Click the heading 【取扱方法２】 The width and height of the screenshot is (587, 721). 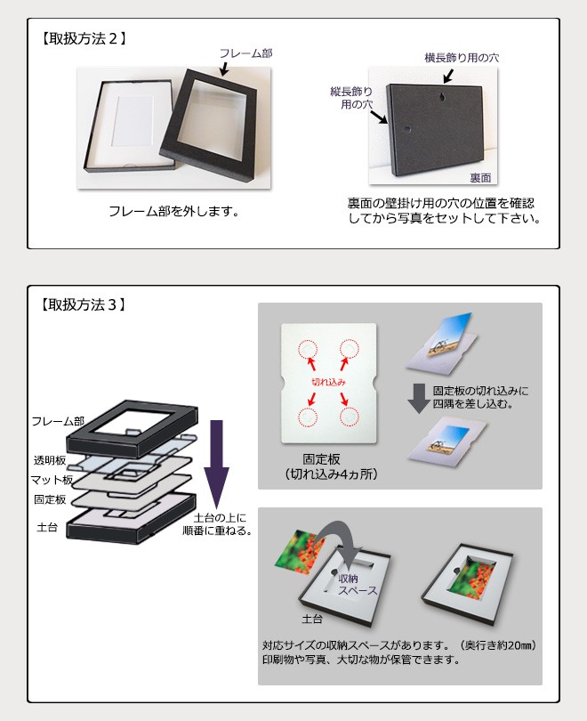coord(83,38)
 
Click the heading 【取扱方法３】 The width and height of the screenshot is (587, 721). coord(83,304)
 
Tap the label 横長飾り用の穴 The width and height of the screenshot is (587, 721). coord(462,58)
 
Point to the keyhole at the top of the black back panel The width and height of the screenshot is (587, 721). coord(442,98)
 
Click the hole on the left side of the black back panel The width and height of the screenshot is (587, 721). coord(406,130)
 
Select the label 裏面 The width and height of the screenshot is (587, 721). coord(480,177)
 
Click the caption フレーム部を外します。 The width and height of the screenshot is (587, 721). coord(174,212)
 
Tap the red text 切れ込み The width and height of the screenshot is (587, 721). coord(328,382)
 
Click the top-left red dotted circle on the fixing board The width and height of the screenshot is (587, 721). coord(307,350)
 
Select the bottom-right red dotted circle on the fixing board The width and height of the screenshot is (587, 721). coord(349,417)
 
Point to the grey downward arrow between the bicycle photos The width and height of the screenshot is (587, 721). coord(419,399)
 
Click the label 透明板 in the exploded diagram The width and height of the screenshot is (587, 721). coord(50,460)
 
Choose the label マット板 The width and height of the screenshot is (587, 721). coord(52,480)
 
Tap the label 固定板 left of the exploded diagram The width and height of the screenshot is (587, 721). coord(50,499)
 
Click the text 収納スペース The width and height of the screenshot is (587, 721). coord(358,585)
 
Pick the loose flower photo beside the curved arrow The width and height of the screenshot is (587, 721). coord(299,552)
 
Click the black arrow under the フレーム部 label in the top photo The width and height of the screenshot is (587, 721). coord(224,69)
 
